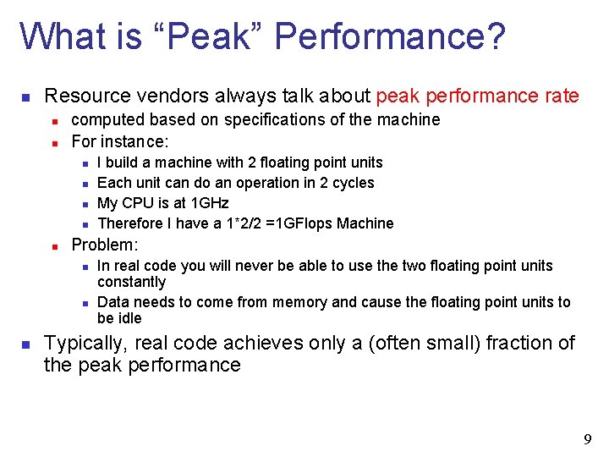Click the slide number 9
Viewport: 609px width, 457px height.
tap(587, 439)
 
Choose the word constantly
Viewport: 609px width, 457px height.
tap(131, 282)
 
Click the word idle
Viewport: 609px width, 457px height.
tap(130, 318)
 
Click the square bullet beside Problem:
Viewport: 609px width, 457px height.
tap(53, 246)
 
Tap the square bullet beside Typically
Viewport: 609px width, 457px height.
tap(26, 344)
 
